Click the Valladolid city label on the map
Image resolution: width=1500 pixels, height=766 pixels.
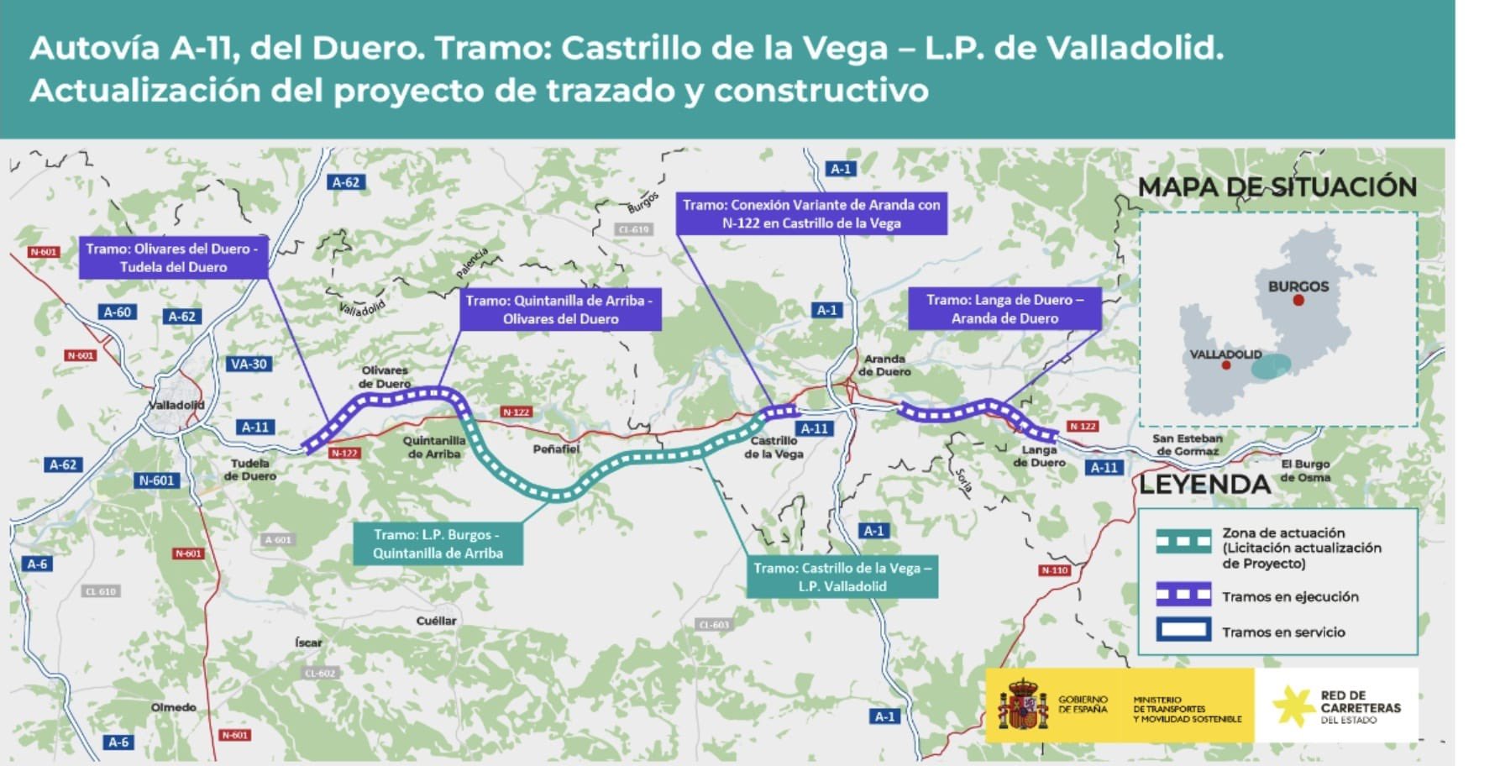176,405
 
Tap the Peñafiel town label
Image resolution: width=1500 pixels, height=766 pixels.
556,449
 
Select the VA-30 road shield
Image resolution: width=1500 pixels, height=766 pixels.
249,364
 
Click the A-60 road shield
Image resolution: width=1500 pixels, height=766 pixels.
118,312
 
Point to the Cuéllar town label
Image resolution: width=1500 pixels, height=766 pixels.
437,621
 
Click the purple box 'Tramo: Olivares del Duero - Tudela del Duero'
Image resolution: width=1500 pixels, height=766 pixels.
173,258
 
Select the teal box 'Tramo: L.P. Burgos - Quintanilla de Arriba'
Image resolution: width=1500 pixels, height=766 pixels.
438,543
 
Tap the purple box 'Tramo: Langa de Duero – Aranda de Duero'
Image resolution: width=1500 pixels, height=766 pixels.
1004,309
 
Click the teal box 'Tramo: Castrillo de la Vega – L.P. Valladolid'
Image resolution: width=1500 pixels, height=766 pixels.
842,577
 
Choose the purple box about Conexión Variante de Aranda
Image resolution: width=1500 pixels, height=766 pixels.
811,214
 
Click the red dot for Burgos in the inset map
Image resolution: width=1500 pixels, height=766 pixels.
1298,300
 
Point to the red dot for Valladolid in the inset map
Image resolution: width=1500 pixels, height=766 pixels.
1226,365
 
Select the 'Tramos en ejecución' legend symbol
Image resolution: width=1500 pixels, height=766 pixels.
1183,595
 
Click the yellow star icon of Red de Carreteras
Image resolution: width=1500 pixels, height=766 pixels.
1293,706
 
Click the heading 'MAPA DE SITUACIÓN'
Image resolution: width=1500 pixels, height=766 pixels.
1277,187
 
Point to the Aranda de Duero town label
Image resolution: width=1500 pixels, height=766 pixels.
884,365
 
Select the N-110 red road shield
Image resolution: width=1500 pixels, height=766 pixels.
1054,570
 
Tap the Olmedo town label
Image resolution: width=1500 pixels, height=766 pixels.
174,707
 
